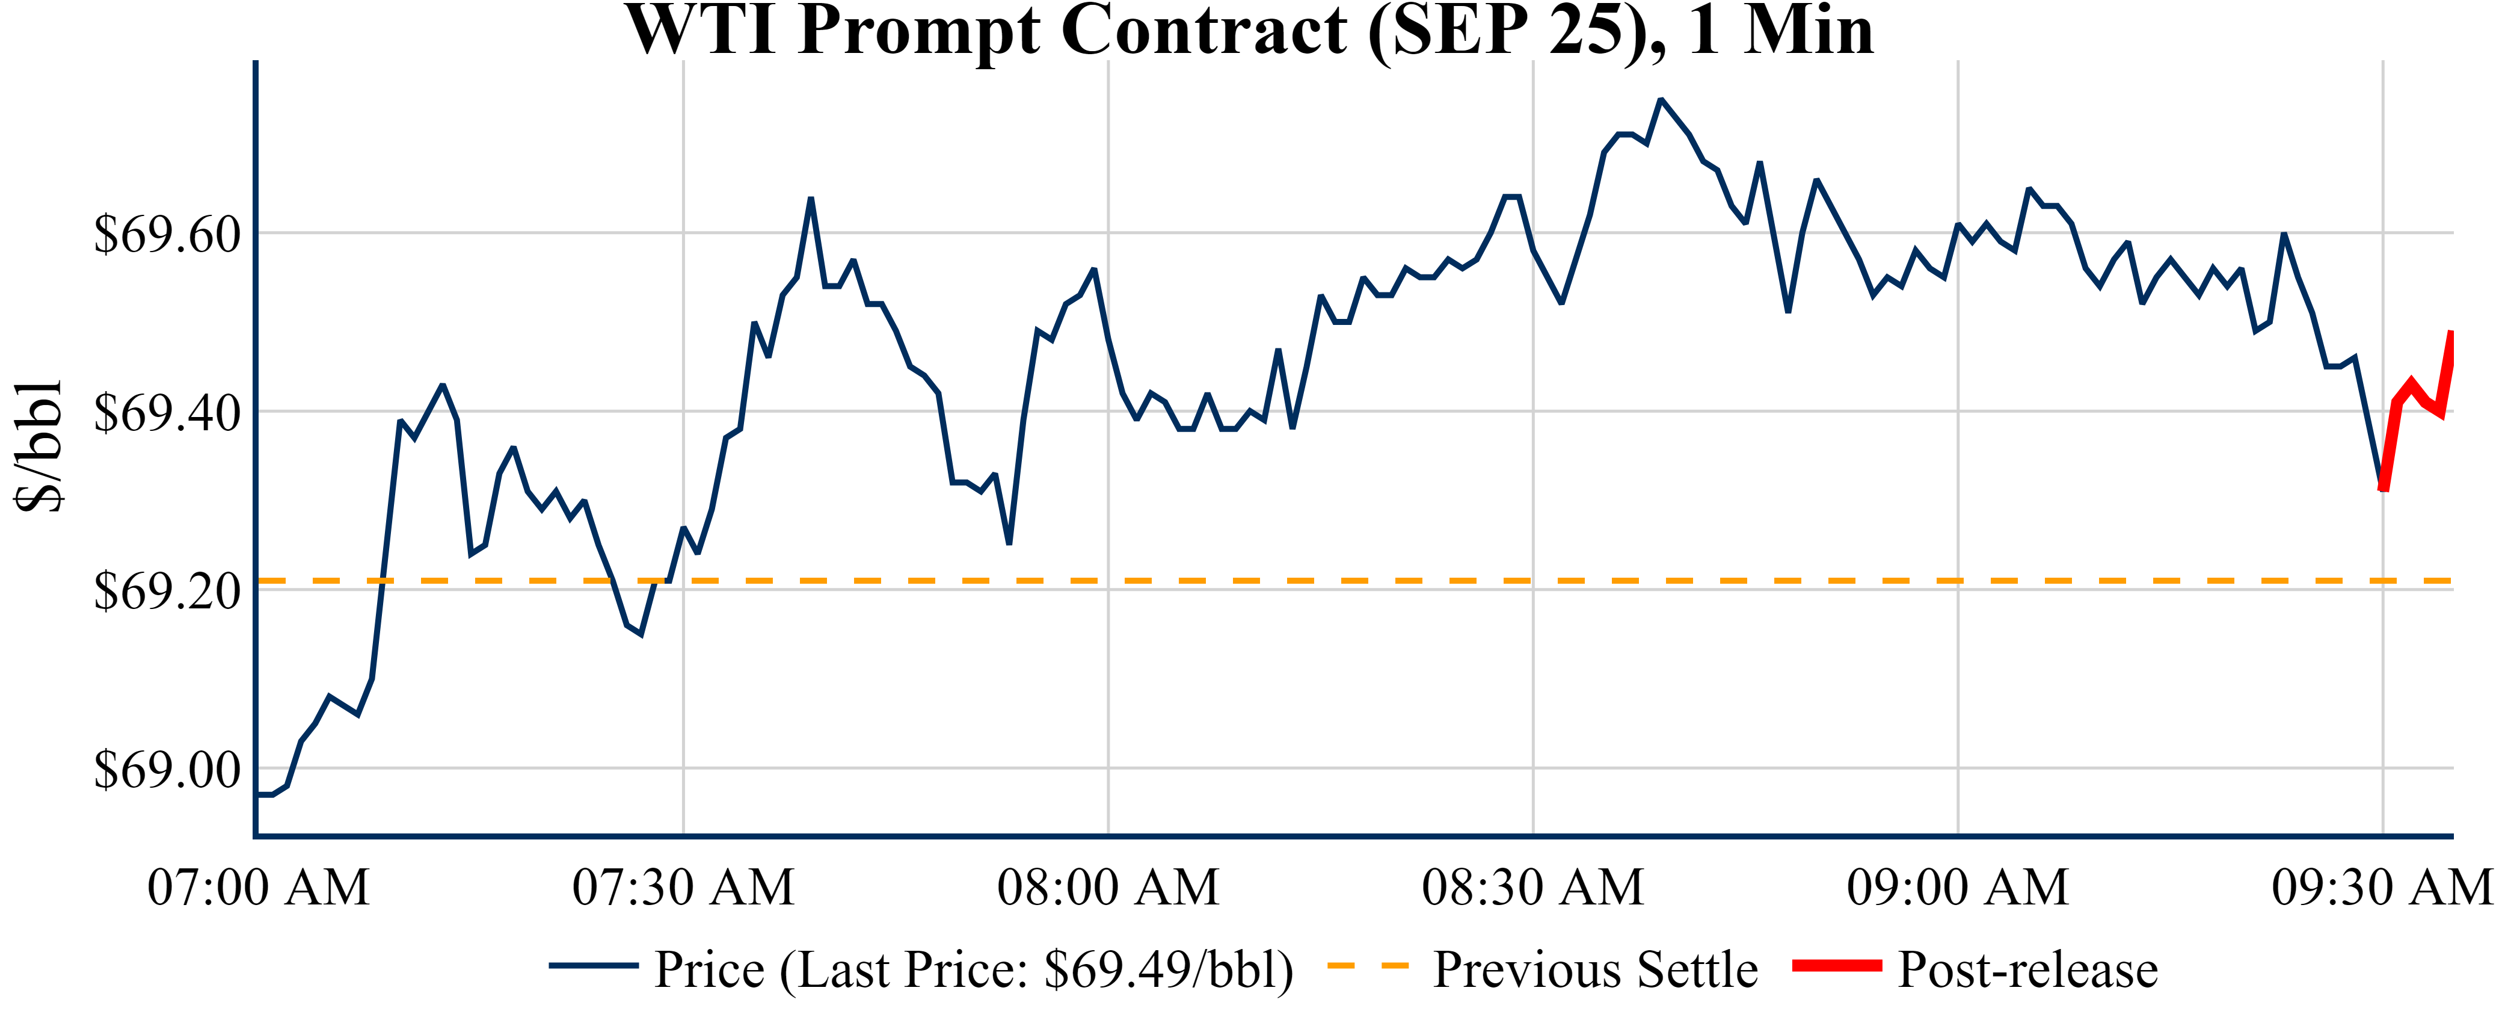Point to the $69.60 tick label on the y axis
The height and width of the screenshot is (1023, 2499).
(167, 234)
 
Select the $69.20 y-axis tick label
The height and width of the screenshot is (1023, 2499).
(167, 591)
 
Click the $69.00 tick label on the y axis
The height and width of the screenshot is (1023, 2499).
(167, 770)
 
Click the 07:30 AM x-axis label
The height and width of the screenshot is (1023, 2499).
(683, 887)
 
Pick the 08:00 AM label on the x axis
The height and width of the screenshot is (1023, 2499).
(1108, 887)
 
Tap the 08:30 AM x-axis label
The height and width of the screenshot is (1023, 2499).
(1532, 887)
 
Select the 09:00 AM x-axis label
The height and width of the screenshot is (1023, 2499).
(1958, 887)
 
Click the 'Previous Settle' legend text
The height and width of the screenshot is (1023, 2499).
(1595, 969)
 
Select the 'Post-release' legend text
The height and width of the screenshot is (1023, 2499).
(2027, 969)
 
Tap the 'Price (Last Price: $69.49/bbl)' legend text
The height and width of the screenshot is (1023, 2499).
(974, 969)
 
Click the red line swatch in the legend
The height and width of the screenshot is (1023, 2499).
(1836, 966)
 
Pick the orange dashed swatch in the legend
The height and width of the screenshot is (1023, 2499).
(1367, 966)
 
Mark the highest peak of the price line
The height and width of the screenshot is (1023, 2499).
(1661, 99)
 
